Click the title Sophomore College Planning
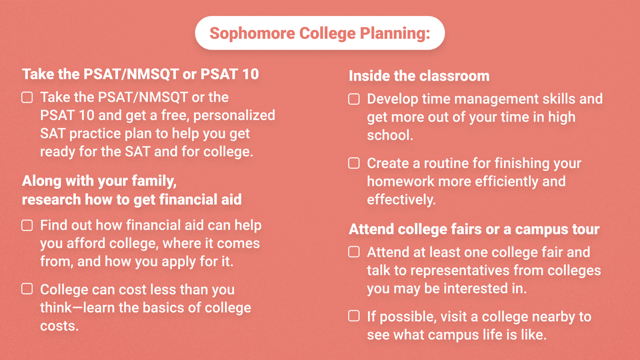coord(319,33)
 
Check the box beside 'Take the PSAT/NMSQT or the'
coord(27,98)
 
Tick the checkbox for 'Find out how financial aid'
coord(27,226)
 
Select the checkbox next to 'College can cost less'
coord(27,290)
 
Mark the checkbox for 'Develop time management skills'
coord(354,99)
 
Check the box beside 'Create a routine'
coord(354,163)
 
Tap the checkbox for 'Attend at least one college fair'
coord(354,252)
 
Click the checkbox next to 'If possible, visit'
coord(354,316)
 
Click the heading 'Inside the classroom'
coord(419,76)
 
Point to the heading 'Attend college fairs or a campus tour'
coord(474,229)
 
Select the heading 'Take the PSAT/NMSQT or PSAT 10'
coord(140,74)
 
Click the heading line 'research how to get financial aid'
coord(131,199)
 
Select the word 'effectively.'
coord(401,199)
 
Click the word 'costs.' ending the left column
coord(59,326)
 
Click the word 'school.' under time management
coord(390,135)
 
